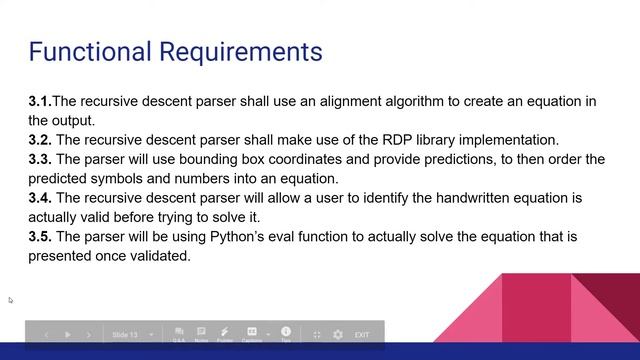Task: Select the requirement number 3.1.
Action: click(40, 101)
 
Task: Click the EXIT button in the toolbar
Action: click(362, 335)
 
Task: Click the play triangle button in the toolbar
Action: click(68, 335)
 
